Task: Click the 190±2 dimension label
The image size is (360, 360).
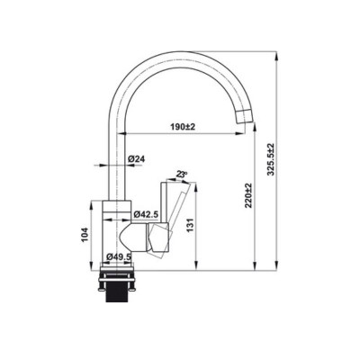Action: (183, 128)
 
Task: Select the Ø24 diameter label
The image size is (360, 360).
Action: (137, 160)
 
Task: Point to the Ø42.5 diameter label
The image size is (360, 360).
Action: (145, 214)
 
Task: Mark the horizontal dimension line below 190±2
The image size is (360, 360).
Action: (180, 136)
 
